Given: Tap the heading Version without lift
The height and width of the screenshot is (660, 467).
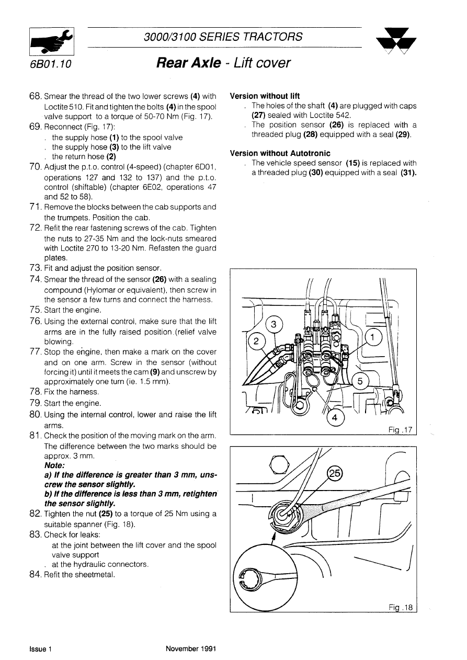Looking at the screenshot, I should tap(265, 96).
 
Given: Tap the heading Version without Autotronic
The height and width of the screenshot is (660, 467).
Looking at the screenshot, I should tap(280, 153).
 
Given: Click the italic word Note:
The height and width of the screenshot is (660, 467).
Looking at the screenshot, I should tap(55, 465).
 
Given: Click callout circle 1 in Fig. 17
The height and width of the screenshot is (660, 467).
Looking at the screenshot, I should tap(372, 338).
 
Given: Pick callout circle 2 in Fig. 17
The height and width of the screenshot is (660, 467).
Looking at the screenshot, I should tap(256, 342).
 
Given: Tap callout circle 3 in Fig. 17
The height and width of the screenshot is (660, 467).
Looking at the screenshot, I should tap(274, 325).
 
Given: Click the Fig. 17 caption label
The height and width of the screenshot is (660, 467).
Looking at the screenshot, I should tap(401, 430).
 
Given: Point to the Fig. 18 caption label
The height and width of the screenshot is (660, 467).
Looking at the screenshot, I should tap(401, 607).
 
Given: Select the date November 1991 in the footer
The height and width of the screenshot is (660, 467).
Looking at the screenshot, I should tap(191, 649).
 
